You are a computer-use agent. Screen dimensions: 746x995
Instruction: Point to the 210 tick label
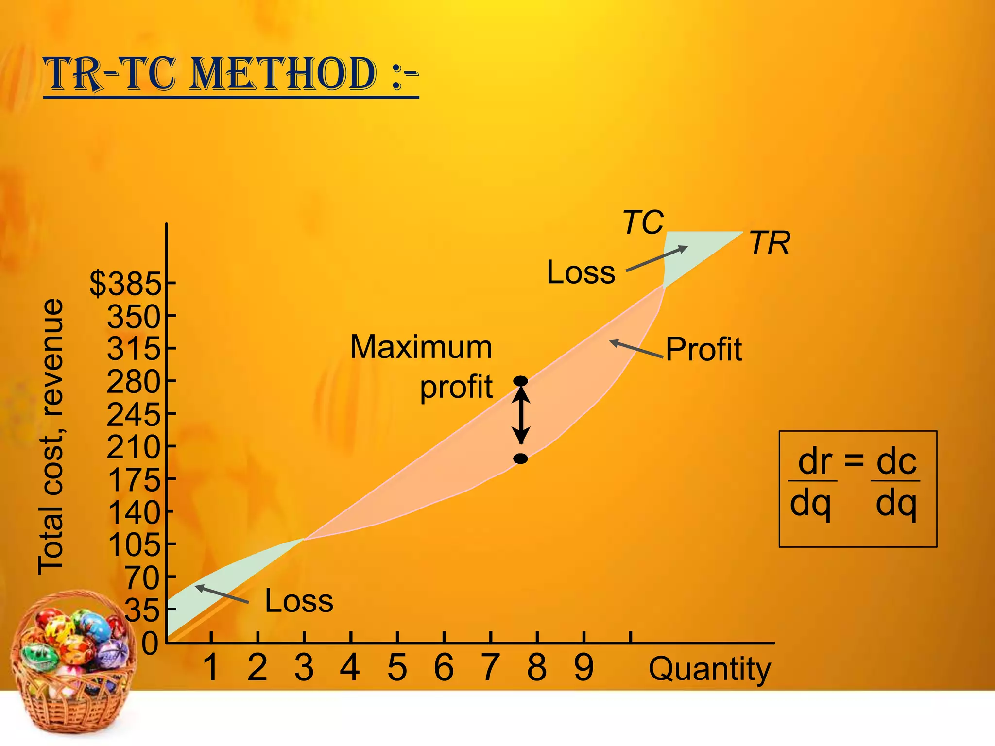point(134,447)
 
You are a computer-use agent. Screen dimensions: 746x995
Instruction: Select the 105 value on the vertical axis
point(135,544)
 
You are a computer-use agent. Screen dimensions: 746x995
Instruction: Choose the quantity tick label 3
point(304,668)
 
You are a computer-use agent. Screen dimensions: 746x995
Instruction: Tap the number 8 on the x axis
point(537,668)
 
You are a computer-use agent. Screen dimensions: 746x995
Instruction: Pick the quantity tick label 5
point(397,668)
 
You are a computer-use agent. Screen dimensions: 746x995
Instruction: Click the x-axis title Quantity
point(710,670)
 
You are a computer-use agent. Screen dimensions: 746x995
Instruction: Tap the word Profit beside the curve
point(703,349)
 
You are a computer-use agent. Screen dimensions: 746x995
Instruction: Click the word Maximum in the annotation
point(421,347)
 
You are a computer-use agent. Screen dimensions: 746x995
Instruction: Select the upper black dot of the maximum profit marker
point(521,381)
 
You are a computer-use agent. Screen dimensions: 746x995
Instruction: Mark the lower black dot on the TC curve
point(521,458)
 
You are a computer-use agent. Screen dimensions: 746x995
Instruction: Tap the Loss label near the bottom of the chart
point(299,601)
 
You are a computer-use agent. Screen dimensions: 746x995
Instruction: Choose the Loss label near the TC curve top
point(581,272)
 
